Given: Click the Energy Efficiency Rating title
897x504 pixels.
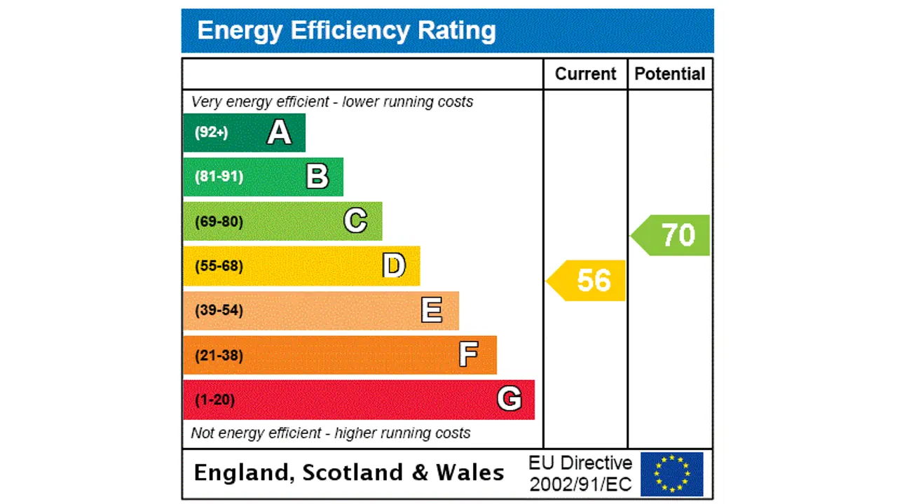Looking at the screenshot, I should [x=346, y=31].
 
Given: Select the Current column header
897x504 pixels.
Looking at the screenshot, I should [x=585, y=74].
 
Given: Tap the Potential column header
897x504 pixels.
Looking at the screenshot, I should [x=669, y=74].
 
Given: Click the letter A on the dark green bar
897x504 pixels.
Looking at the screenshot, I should [x=279, y=132].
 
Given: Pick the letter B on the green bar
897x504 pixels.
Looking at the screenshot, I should [x=317, y=176].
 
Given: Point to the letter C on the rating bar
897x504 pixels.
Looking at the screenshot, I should [x=355, y=221].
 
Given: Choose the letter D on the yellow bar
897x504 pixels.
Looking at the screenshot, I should [x=394, y=266].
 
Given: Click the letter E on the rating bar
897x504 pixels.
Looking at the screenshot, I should [x=432, y=310].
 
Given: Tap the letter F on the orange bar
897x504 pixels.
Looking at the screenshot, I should [x=468, y=355].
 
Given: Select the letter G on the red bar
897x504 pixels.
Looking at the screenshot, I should [x=509, y=399].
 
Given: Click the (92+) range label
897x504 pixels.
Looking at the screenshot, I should [x=211, y=132].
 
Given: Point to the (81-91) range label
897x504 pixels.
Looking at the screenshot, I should [x=219, y=176].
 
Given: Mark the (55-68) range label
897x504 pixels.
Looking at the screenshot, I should [x=219, y=266].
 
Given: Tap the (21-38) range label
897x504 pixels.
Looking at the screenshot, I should [x=219, y=355].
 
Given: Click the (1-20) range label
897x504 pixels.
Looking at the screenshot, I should [x=214, y=400].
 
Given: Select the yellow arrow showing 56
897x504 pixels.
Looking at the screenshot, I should [x=587, y=280].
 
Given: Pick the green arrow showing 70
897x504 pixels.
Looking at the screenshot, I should [x=672, y=235].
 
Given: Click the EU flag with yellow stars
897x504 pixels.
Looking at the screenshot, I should [x=671, y=474].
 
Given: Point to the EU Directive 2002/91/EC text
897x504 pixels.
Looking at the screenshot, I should [x=580, y=473].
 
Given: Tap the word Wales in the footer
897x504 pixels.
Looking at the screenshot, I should [x=470, y=472].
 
